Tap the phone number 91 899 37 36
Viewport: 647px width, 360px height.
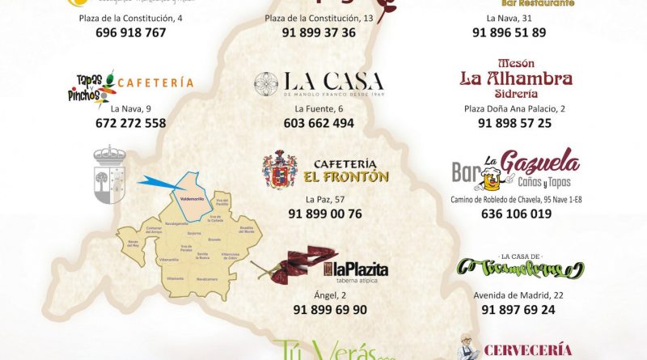tap(319, 33)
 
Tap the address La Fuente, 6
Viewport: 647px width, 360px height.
tap(318, 108)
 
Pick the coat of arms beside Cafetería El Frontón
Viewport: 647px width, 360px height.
tap(280, 169)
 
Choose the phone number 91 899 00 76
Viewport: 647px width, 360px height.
tap(324, 214)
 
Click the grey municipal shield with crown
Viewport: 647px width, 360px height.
tap(110, 175)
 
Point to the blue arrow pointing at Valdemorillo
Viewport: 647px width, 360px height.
tap(159, 185)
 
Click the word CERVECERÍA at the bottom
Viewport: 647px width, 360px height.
tap(527, 350)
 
